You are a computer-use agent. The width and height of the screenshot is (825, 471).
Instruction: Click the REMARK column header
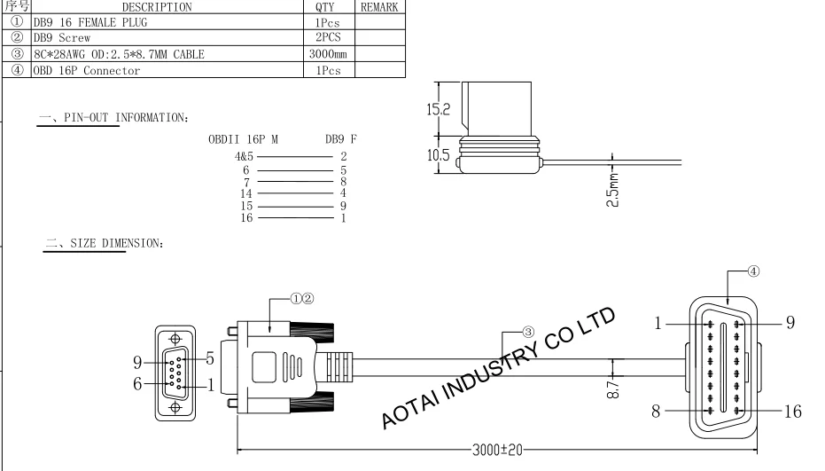coord(379,7)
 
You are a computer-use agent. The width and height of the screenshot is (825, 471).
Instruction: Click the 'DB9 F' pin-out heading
coord(341,140)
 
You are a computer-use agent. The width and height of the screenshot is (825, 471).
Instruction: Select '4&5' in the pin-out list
coord(244,156)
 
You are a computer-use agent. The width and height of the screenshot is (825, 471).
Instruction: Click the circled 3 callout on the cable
coord(528,332)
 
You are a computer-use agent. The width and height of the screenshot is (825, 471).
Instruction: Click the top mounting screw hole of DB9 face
coord(176,338)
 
